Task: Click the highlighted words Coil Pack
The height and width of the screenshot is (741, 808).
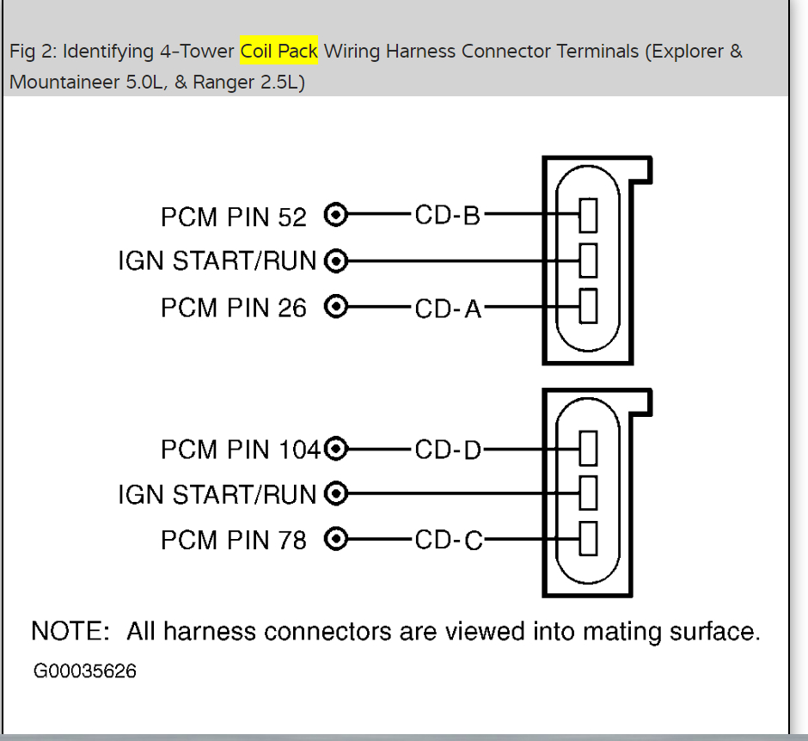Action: pyautogui.click(x=279, y=52)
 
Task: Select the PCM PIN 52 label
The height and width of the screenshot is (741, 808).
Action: pyautogui.click(x=233, y=217)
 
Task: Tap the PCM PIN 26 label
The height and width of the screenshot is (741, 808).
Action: pyautogui.click(x=233, y=308)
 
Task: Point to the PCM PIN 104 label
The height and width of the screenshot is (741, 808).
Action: pyautogui.click(x=240, y=450)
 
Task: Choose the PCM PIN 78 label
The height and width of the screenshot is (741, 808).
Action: pyautogui.click(x=233, y=541)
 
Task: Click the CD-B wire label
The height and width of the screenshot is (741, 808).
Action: pyautogui.click(x=447, y=215)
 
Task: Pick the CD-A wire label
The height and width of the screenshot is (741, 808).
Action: pyautogui.click(x=448, y=308)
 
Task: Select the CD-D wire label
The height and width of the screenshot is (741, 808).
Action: pyautogui.click(x=448, y=450)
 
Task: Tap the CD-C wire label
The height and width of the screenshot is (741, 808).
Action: pyautogui.click(x=448, y=541)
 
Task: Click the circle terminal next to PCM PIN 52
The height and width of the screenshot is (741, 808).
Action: pyautogui.click(x=337, y=215)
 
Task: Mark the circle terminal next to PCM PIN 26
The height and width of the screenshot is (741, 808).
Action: pyautogui.click(x=337, y=306)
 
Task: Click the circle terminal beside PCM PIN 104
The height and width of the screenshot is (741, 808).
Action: pyautogui.click(x=337, y=448)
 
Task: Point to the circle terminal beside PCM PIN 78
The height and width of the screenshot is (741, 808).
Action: pyautogui.click(x=337, y=539)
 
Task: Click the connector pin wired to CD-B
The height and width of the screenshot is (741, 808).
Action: pyautogui.click(x=588, y=215)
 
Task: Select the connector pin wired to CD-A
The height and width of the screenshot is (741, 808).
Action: pyautogui.click(x=588, y=306)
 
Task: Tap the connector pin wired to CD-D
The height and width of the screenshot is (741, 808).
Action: pyautogui.click(x=588, y=448)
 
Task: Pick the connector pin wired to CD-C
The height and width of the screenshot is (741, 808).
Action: pyautogui.click(x=588, y=539)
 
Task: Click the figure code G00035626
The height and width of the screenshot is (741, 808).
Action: pyautogui.click(x=85, y=671)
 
